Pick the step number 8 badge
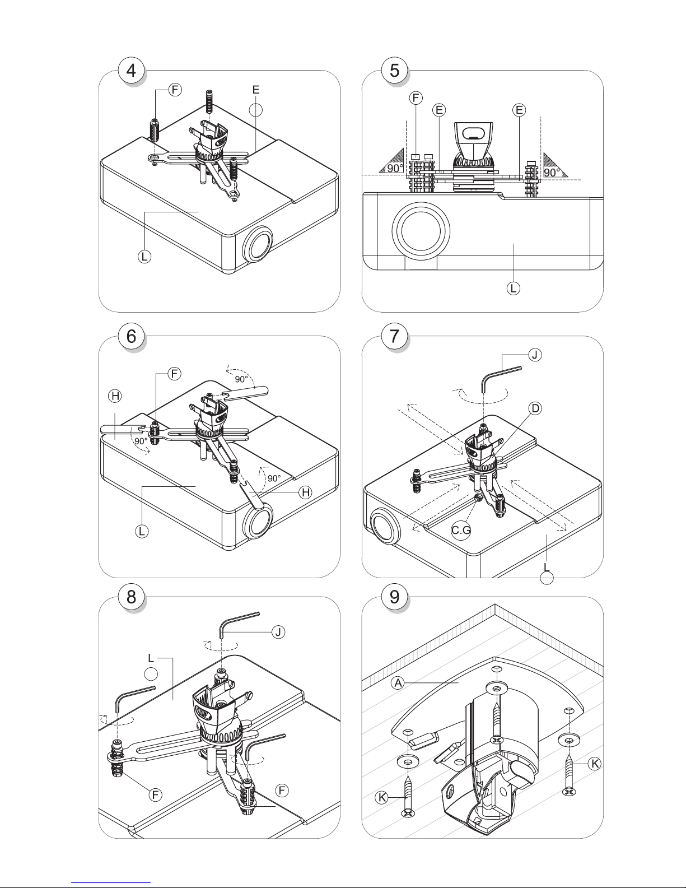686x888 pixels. pos(131,597)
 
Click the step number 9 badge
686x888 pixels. pos(394,597)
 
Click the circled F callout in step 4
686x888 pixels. pos(175,90)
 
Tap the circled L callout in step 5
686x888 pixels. pos(514,288)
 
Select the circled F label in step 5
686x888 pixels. pos(416,98)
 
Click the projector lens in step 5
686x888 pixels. pos(421,230)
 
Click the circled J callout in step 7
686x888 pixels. pos(535,355)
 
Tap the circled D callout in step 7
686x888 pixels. pos(535,408)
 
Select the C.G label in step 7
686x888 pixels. pos(461,531)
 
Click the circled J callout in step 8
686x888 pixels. pos(278,632)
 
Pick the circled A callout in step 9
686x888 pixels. pos(398,682)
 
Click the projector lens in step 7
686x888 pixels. pos(385,526)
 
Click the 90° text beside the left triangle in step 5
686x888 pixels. pos(395,169)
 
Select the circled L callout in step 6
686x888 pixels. pos(142,531)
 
